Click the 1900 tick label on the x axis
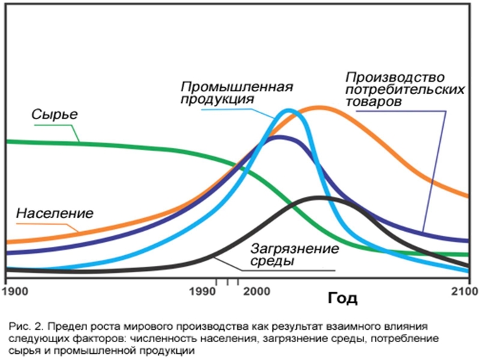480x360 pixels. point(15,291)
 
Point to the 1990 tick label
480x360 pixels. point(205,291)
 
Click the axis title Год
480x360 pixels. point(342,298)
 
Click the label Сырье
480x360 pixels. point(54,114)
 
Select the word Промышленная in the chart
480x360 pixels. point(237,87)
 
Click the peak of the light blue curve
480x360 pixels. point(288,110)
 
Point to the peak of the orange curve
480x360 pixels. point(319,107)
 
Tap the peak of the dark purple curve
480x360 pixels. point(278,137)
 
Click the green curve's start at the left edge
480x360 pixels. point(6,141)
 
